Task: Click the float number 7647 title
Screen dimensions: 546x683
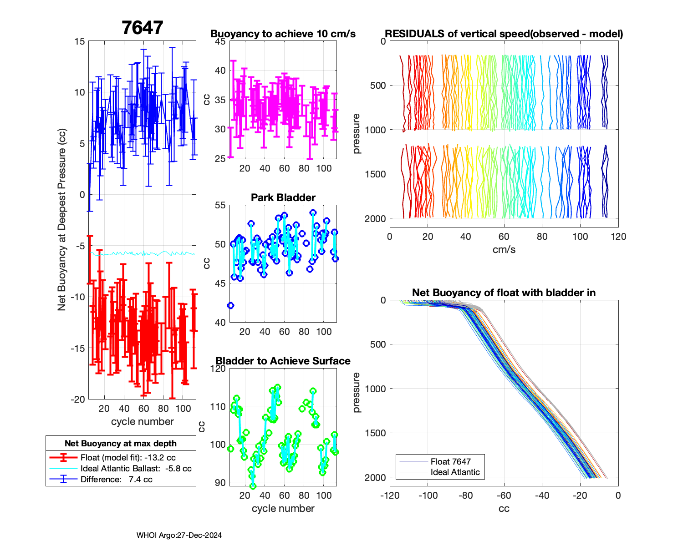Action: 142,28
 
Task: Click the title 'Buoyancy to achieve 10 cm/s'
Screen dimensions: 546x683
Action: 283,34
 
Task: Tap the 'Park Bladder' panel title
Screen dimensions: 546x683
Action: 283,197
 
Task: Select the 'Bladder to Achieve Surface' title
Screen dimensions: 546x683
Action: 283,361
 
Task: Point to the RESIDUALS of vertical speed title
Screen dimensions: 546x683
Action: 504,34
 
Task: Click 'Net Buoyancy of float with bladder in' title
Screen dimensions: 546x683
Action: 504,293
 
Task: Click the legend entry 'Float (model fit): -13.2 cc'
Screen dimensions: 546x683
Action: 128,458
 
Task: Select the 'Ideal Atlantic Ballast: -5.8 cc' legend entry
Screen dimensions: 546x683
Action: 136,469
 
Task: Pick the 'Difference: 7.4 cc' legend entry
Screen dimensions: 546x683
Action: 116,480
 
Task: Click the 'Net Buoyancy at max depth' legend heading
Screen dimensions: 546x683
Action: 121,444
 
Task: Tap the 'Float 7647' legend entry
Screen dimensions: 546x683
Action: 450,462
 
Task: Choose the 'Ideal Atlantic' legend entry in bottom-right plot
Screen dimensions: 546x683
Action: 455,472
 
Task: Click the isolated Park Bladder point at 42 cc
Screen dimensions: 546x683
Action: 230,305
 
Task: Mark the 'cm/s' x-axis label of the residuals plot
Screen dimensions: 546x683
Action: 504,249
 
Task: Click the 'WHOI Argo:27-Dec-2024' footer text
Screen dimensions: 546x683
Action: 179,536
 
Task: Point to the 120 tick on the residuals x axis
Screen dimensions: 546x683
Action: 618,237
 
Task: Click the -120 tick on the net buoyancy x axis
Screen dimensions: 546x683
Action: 390,495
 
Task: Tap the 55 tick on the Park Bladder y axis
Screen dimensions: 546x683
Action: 220,205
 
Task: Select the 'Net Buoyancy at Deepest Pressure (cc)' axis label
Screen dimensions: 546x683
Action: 62,220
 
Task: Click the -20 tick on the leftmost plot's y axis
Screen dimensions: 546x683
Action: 78,399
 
